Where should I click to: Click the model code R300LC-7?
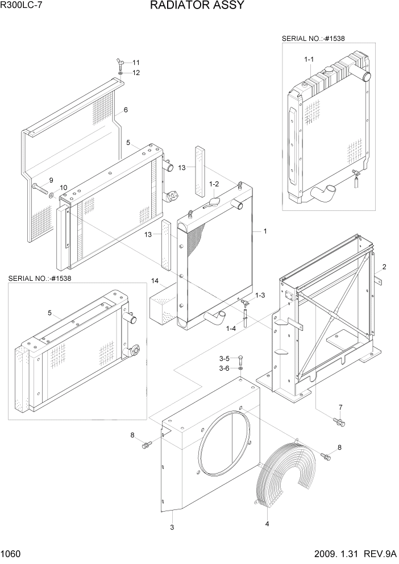click(21, 6)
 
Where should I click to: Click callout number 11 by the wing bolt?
click(136, 62)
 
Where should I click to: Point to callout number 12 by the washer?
click(136, 73)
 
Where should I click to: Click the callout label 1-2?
click(214, 184)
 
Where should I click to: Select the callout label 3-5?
click(225, 358)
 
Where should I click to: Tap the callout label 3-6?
click(225, 368)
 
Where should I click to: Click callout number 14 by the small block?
click(155, 280)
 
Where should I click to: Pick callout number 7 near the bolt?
click(340, 407)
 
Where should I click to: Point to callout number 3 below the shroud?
click(172, 527)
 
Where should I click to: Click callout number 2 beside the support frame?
click(384, 267)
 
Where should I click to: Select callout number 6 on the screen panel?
click(125, 110)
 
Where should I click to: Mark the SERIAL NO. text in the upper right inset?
click(313, 38)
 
